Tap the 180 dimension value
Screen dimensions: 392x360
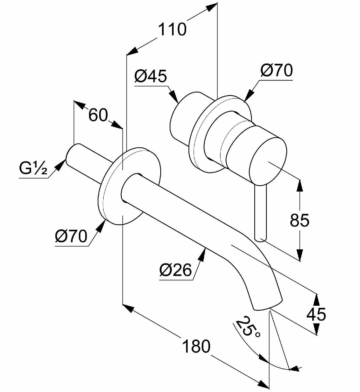pos(196,346)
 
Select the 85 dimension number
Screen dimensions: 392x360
pos(299,220)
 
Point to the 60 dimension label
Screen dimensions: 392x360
pos(98,115)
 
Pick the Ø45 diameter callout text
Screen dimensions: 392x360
pos(151,76)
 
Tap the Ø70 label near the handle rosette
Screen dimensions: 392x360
pos(276,70)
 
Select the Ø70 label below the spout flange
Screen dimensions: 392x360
pos(71,236)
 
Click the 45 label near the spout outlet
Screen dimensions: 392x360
pos(316,314)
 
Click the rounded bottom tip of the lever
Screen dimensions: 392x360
pos(261,239)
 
